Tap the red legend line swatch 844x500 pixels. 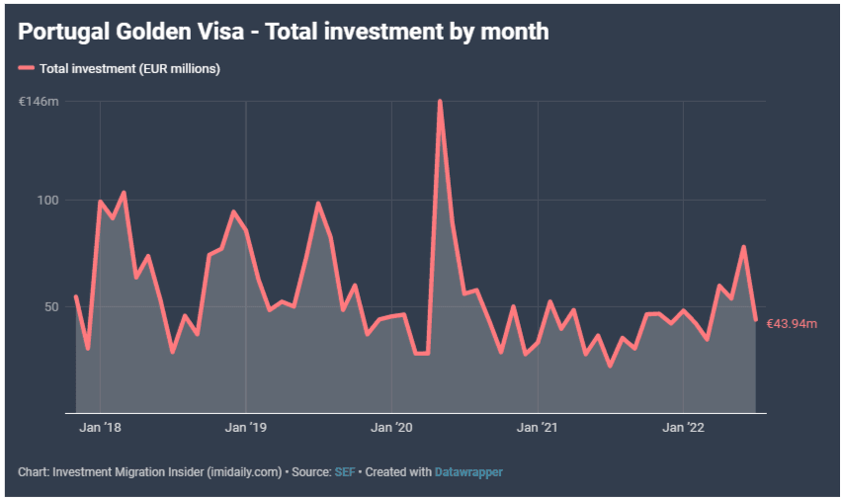26,68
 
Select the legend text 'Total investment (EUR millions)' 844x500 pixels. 129,68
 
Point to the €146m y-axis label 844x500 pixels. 40,102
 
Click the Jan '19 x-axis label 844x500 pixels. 245,428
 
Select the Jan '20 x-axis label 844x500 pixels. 391,428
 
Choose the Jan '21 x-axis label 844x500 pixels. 538,428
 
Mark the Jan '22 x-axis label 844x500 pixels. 683,428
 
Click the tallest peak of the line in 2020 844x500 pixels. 440,101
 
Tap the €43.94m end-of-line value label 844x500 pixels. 792,323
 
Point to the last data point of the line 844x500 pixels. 756,319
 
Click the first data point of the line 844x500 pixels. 76,296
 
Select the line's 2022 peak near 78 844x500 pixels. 743,247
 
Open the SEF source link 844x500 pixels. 344,472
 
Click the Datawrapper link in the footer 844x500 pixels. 468,472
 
